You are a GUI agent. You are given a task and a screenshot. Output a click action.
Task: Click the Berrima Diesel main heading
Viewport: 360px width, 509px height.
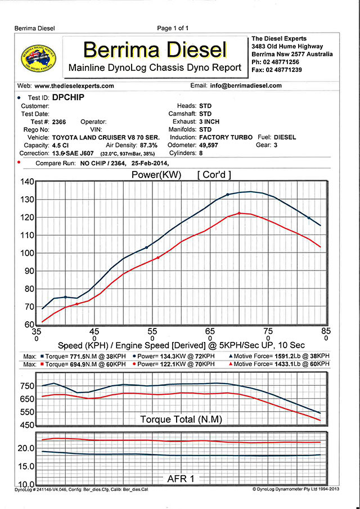coord(155,49)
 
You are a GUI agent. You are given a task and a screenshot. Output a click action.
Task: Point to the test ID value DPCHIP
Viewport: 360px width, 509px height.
coord(67,97)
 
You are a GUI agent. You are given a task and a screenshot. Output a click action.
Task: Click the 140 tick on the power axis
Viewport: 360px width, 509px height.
coord(27,182)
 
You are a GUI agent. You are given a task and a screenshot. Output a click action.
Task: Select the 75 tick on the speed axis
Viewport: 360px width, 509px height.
coord(268,331)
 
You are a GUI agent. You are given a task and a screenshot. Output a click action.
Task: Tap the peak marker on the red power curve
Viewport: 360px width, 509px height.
coord(240,213)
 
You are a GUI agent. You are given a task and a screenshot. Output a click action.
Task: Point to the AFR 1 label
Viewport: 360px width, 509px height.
coord(182,479)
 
